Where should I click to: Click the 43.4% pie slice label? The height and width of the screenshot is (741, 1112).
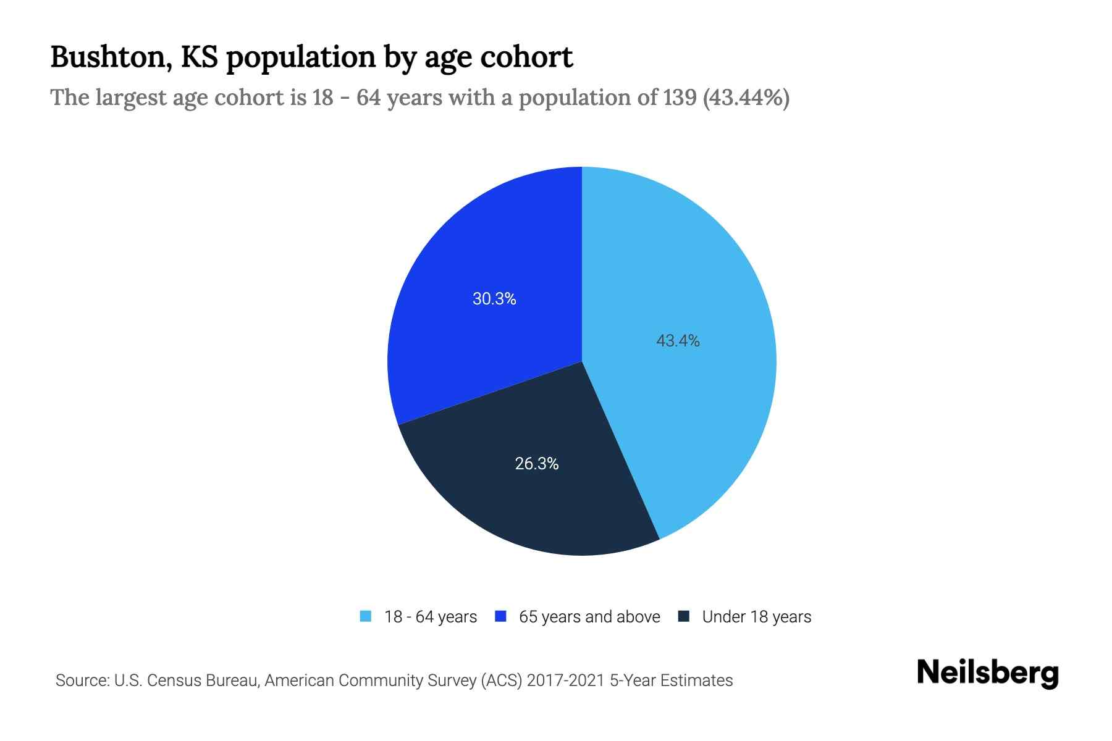[678, 341]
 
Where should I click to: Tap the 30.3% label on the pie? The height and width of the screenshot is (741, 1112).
[494, 299]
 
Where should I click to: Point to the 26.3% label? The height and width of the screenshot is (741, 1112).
[537, 464]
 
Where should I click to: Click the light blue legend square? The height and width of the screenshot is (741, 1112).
[366, 616]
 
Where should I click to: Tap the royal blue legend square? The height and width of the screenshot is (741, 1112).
[501, 616]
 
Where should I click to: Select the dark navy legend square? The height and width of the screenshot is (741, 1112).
[684, 616]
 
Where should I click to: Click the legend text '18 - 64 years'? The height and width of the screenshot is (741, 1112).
[431, 617]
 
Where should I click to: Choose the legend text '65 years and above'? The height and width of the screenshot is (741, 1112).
[589, 617]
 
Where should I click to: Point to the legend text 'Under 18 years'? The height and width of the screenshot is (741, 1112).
[757, 617]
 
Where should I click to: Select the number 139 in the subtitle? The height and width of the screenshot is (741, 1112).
[680, 98]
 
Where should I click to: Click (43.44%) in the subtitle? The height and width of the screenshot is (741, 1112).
[746, 98]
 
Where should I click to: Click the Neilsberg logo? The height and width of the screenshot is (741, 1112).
[988, 673]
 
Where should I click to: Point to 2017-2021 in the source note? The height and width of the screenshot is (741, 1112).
[566, 680]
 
